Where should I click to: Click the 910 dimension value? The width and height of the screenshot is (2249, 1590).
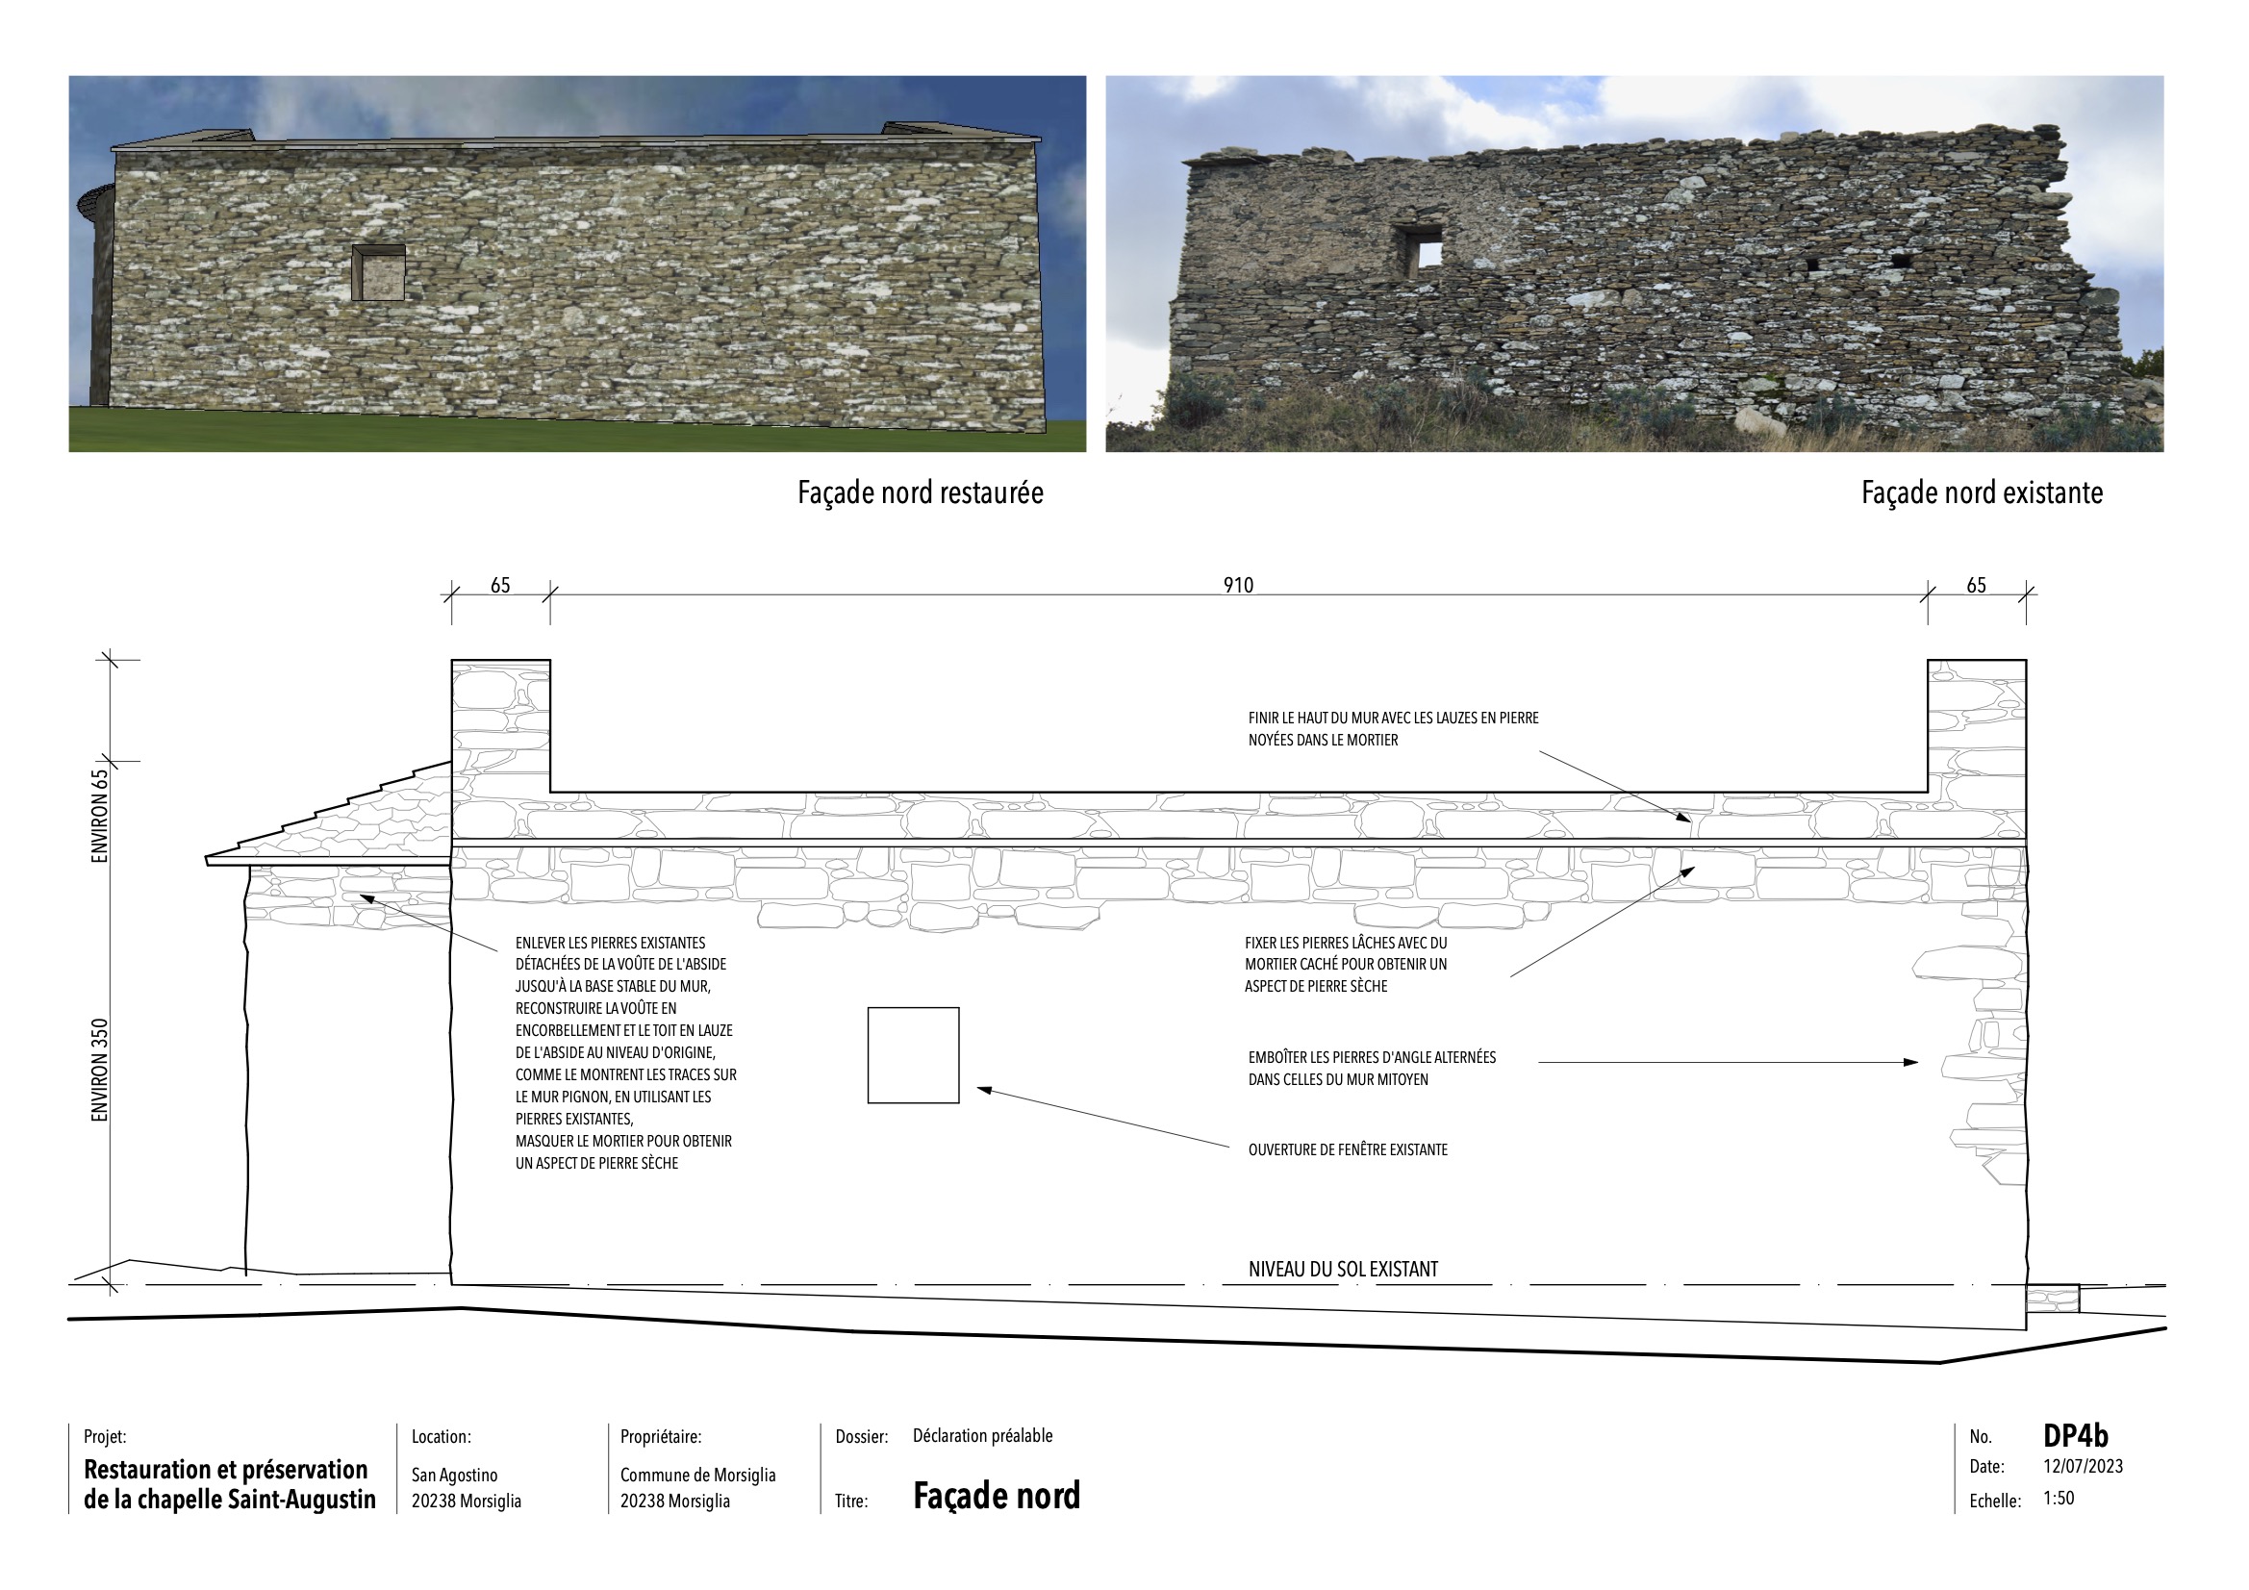(1237, 585)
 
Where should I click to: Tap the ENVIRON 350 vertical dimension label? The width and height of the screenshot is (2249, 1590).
(100, 1070)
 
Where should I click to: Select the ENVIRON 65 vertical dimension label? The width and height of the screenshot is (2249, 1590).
(100, 815)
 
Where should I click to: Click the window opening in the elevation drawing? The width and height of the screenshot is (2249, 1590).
(913, 1055)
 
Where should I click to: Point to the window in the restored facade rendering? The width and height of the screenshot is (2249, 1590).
(378, 272)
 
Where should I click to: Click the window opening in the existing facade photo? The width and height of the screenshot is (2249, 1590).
(1421, 250)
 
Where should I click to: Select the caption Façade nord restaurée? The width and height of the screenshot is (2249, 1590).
(920, 492)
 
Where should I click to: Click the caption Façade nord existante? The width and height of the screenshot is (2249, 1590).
(1981, 492)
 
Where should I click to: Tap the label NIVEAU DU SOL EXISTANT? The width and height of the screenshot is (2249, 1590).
(1343, 1270)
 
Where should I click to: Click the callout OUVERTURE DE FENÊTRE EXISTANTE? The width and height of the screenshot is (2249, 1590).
(1347, 1150)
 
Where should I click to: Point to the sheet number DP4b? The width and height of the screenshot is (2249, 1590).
(2075, 1436)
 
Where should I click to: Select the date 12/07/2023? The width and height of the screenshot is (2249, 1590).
(2083, 1467)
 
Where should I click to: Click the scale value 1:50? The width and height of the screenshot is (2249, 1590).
(2058, 1499)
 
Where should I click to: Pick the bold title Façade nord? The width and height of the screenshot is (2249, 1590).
(997, 1496)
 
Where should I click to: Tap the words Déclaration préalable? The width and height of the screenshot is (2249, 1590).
(982, 1436)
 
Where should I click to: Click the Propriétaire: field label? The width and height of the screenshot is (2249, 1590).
(660, 1437)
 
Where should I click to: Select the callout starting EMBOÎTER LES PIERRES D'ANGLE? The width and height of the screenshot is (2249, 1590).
(1372, 1069)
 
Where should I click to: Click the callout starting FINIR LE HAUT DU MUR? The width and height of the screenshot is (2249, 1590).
(1393, 729)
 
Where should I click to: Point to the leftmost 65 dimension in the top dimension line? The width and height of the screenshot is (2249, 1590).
(499, 585)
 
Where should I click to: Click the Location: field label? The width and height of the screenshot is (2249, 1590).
(441, 1437)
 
